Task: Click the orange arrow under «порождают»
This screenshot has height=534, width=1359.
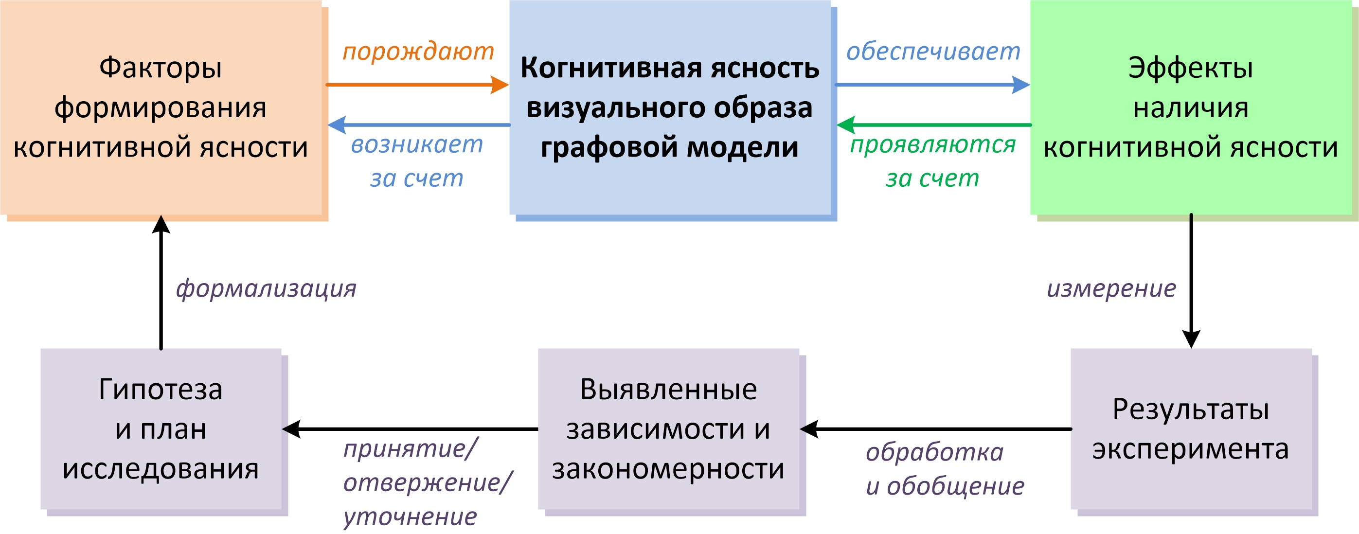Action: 417,85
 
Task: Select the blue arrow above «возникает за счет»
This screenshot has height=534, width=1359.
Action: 419,125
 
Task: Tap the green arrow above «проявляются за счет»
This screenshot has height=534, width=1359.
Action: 934,125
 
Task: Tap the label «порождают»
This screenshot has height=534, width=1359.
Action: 418,51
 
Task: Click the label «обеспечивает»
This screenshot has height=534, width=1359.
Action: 933,51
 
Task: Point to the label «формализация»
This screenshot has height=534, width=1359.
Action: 266,288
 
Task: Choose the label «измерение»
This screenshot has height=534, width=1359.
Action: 1111,288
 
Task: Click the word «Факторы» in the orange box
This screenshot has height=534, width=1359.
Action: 161,68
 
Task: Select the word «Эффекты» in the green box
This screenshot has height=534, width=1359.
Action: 1191,68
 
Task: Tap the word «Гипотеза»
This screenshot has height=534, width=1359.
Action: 161,390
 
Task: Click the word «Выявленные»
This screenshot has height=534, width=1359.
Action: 668,390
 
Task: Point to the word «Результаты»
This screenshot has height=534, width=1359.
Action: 1191,409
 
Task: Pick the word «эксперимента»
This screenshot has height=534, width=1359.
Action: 1191,449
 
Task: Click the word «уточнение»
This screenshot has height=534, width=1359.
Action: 410,516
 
